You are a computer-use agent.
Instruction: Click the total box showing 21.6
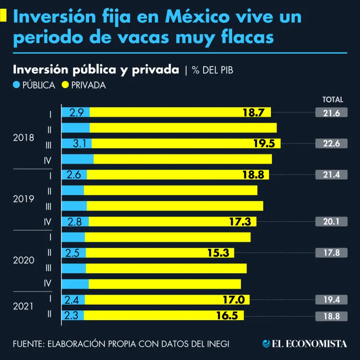coord(332,112)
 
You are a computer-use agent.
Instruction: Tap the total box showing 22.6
coord(332,143)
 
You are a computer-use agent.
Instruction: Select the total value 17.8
coord(332,253)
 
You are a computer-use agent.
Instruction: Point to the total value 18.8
coord(332,315)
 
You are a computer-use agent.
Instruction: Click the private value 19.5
coord(264,143)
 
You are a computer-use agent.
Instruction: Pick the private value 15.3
coord(218,253)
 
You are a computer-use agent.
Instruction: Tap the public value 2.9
coord(76,112)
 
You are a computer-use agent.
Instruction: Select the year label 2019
coord(24,199)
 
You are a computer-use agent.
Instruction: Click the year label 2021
coord(24,307)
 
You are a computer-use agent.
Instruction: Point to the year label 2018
coord(24,138)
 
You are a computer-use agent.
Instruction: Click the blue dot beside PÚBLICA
coord(17,85)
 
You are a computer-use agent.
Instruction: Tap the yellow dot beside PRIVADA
coord(65,85)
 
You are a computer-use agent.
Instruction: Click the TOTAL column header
coord(333,99)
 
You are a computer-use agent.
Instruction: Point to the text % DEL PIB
coord(212,70)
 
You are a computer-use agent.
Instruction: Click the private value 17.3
coord(240,222)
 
